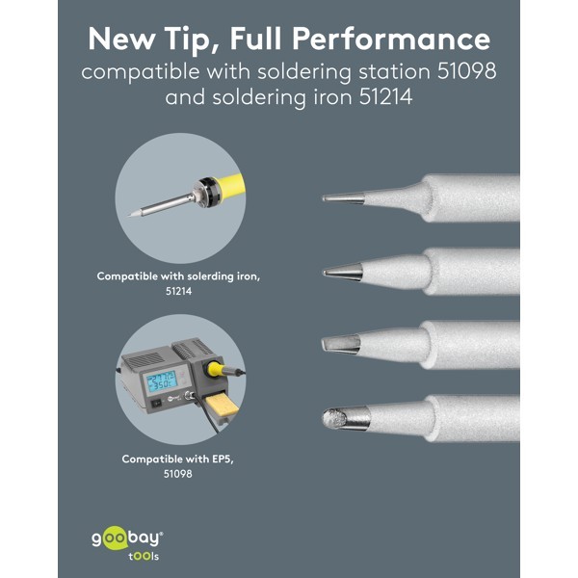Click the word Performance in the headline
pos(391,39)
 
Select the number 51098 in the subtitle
pos(466,71)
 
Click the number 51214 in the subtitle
pos(385,97)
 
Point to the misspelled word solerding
pos(210,276)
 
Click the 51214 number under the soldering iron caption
pos(179,291)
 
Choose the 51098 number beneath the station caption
pos(178,474)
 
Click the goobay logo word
pos(127,539)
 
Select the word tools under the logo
pos(144,557)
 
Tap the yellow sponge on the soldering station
pos(223,406)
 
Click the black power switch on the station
pos(157,404)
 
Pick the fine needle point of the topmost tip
pos(324,198)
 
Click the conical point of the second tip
pos(325,273)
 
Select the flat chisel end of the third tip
pos(325,344)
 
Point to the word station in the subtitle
pos(394,71)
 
